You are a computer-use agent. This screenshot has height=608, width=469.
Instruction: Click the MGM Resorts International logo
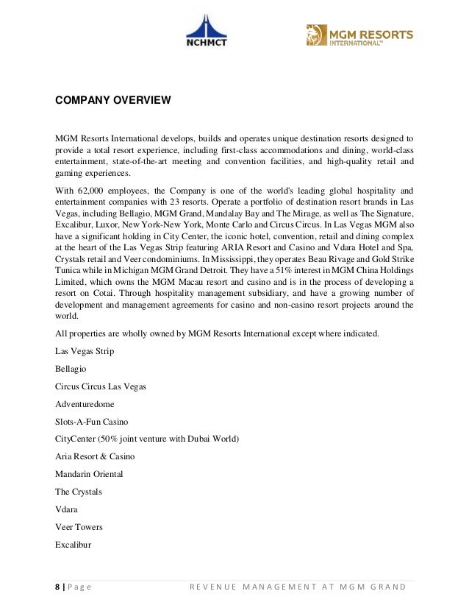[x=359, y=35]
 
